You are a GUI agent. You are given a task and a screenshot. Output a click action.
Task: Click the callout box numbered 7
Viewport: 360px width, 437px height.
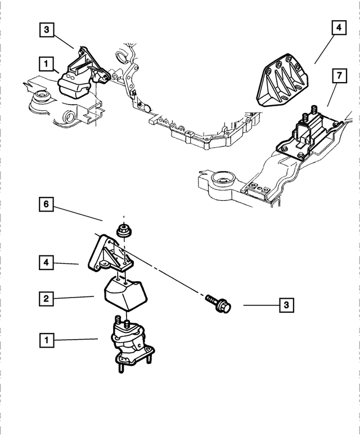click(339, 76)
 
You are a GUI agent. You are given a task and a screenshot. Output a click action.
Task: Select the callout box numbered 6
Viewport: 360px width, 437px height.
click(46, 204)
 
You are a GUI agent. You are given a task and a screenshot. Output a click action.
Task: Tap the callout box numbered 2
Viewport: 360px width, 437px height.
click(46, 299)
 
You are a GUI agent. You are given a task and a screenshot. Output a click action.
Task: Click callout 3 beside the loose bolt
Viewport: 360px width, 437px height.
click(286, 305)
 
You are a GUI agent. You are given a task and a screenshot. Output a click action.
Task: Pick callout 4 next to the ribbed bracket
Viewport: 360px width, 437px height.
click(339, 28)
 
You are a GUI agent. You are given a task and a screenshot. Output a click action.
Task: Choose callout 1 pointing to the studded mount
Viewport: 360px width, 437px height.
click(46, 340)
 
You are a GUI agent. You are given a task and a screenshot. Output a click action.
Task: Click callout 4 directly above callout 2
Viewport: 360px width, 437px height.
click(46, 263)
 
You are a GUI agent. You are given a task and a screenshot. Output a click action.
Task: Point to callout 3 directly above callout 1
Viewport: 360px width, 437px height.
click(46, 29)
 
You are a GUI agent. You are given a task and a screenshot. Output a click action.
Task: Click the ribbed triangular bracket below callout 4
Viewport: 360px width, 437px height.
click(282, 80)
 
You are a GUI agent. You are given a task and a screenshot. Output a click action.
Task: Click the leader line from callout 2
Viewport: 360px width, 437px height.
click(74, 298)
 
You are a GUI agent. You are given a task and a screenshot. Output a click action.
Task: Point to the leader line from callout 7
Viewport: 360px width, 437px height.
click(332, 94)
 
